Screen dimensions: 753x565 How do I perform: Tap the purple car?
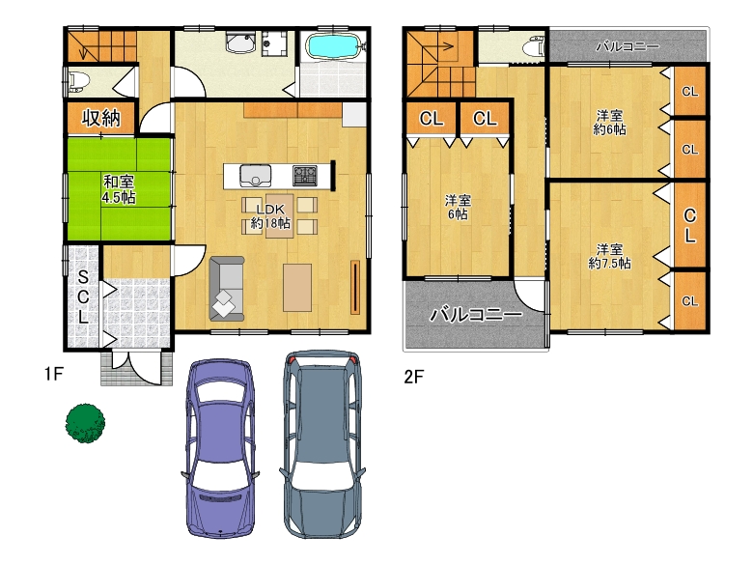pos(220,448)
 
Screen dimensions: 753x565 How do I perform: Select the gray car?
pos(322,444)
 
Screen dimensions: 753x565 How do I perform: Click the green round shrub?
pos(86,423)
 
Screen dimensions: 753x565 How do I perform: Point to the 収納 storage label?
pos(100,118)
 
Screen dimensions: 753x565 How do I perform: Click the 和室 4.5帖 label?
pos(119,189)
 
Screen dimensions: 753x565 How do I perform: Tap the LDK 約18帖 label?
pos(270,216)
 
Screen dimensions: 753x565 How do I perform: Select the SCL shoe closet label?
pos(83,297)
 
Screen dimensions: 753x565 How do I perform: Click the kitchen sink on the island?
pos(256,176)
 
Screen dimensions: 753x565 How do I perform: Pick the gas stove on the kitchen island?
pos(305,176)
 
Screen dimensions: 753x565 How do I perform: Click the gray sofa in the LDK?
pos(227,288)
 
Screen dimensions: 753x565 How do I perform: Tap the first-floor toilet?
pos(78,82)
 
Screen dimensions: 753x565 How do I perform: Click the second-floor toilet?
pos(534,47)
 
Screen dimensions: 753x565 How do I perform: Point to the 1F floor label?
pos(54,374)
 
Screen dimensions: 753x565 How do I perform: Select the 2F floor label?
pos(413,377)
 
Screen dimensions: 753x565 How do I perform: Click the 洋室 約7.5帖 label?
pos(609,256)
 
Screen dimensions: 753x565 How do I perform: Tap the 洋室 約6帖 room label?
pos(609,123)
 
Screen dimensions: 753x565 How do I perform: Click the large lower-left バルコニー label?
pos(475,315)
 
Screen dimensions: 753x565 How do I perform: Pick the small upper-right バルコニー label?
pos(627,46)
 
